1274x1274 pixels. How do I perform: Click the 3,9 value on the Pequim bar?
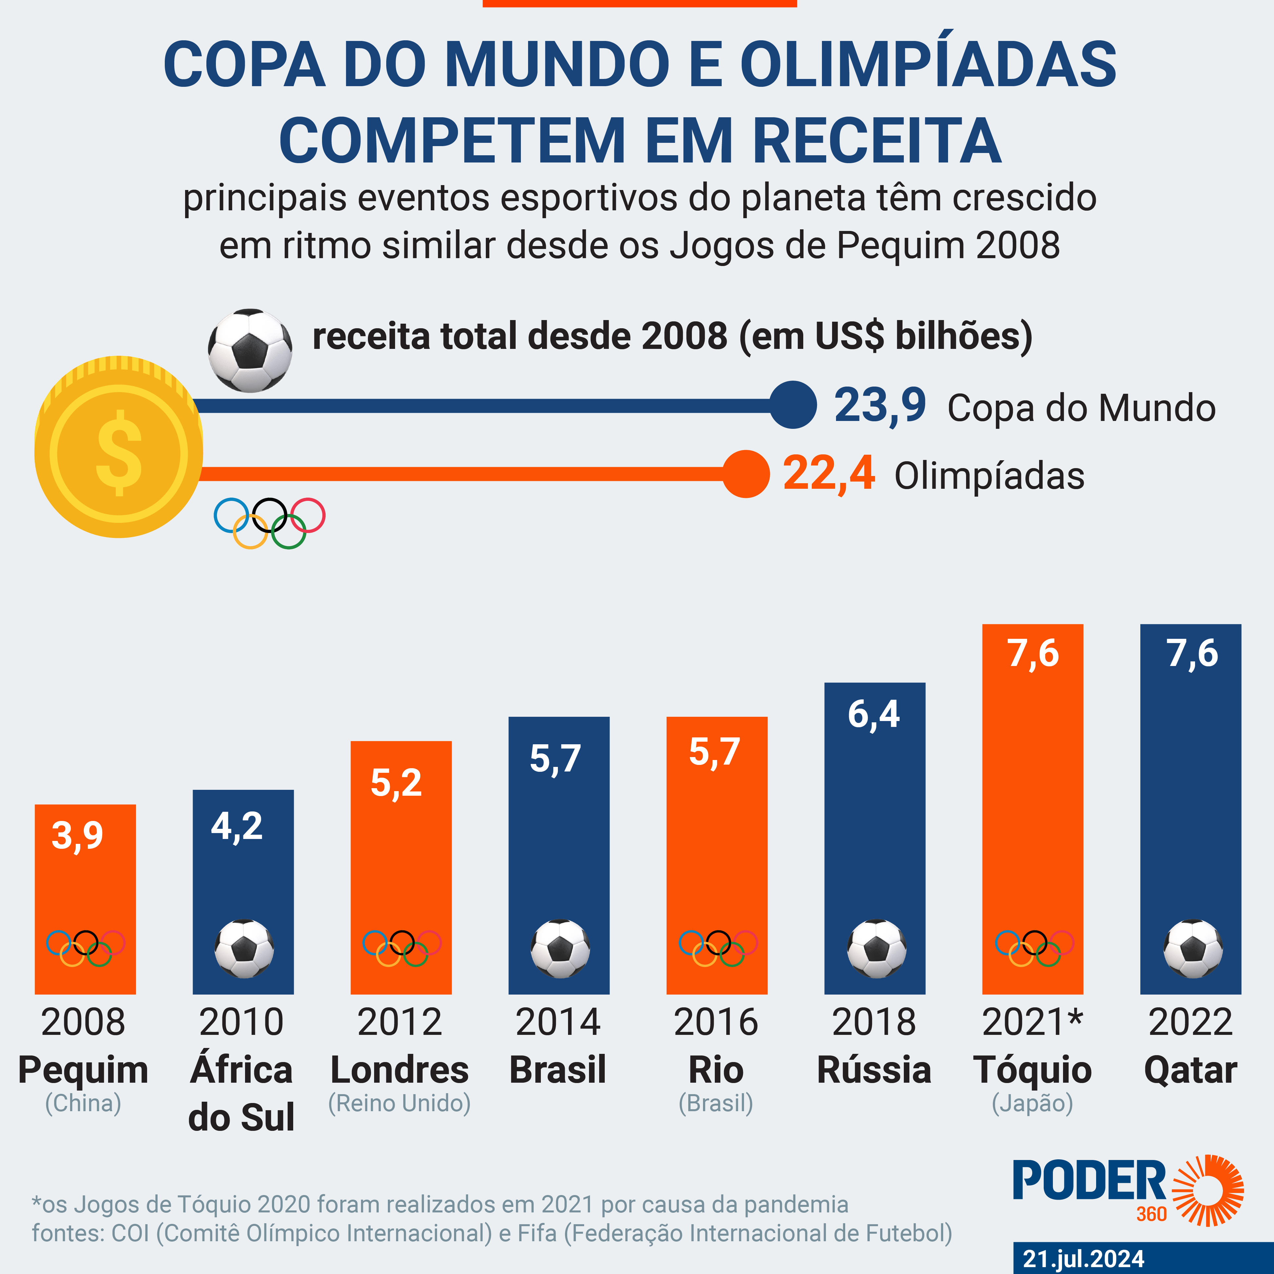[x=78, y=835]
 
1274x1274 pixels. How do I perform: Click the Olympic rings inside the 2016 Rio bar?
[x=717, y=948]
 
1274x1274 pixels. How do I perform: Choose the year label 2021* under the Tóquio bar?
[x=1032, y=1022]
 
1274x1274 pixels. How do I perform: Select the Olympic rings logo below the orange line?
[x=269, y=522]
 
